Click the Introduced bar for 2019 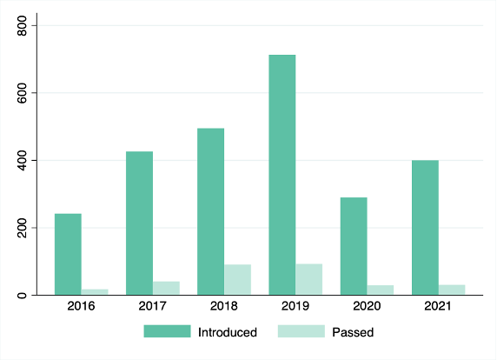pos(282,175)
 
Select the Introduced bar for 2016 pos(68,255)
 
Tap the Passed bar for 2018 pos(238,280)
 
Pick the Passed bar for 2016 pos(95,292)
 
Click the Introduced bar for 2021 pos(425,228)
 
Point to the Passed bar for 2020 pos(381,290)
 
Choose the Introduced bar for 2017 pos(140,223)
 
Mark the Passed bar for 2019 pos(309,279)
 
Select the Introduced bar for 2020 pos(354,246)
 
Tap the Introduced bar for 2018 pos(211,211)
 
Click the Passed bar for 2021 pos(452,290)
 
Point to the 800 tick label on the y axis pos(22,25)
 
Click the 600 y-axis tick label pos(22,93)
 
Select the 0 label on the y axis pos(22,296)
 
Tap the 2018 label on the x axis pos(224,306)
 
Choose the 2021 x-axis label pos(438,306)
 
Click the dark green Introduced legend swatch pos(167,331)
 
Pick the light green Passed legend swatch pos(302,331)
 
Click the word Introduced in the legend pos(228,332)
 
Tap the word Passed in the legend pos(353,332)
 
